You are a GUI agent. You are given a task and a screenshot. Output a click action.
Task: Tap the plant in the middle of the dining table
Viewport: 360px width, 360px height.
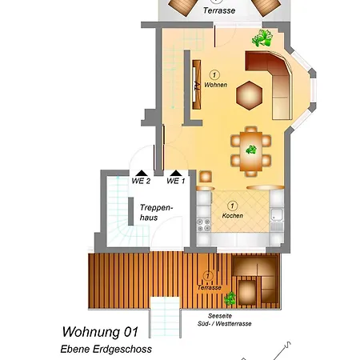coord(251,150)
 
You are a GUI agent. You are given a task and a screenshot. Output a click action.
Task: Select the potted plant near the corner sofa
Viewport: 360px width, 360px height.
coord(261,37)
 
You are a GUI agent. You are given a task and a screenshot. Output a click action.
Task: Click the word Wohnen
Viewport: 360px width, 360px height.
coord(215,85)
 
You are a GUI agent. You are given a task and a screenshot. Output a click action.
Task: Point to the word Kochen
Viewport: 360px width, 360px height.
coord(232,216)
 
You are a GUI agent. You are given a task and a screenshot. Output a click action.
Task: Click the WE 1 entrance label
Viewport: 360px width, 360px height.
coord(176,182)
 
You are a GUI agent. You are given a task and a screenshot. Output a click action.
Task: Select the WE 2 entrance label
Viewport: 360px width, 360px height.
coord(141,182)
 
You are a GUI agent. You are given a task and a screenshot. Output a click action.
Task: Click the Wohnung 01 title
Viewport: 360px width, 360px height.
coord(101,331)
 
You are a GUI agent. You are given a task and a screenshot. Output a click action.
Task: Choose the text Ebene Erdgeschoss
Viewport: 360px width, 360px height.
coord(106,349)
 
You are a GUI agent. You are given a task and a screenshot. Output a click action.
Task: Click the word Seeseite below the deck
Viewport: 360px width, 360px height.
coord(218,315)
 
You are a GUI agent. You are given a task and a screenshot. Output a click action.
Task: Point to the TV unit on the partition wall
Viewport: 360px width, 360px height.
coord(194,86)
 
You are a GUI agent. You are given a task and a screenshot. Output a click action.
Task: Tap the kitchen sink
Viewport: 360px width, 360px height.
coord(276,214)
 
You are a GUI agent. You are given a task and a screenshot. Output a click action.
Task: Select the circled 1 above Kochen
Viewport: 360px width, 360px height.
coord(232,205)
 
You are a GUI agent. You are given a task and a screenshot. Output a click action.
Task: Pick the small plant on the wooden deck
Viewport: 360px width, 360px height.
coord(230,298)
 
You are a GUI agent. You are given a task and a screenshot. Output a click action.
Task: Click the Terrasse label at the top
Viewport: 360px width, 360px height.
coord(218,12)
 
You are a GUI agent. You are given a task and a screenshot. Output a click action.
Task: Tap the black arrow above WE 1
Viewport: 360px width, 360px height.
coord(175,172)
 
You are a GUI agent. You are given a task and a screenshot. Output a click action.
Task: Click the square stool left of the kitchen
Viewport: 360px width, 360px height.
coord(206,175)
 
